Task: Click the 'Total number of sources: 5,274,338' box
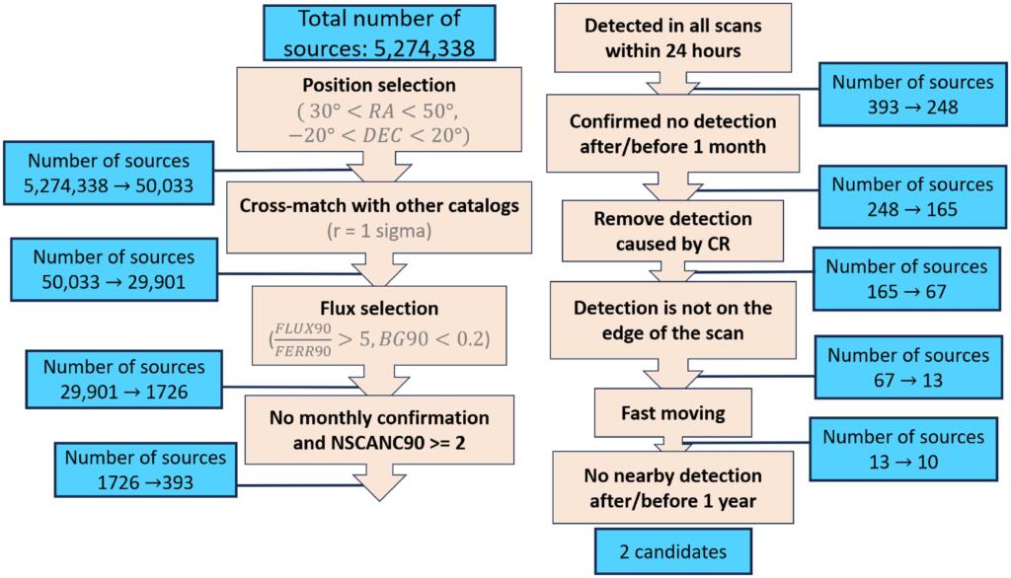[379, 33]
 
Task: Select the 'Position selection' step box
[379, 109]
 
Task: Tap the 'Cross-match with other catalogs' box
[379, 217]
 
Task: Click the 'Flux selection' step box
[379, 325]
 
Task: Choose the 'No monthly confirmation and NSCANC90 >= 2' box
[379, 430]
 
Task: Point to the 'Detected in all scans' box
[673, 37]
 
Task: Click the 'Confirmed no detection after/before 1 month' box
[673, 133]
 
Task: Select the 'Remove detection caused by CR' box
[673, 231]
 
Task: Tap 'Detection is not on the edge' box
[673, 321]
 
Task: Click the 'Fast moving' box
[673, 412]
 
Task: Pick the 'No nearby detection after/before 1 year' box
[673, 488]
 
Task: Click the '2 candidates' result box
[673, 551]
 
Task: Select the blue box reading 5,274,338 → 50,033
[109, 173]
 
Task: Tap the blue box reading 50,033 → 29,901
[115, 269]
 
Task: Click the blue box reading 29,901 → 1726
[123, 380]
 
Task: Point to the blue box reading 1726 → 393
[146, 470]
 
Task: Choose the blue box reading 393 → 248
[913, 94]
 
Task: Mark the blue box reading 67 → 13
[908, 367]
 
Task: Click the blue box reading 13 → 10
[903, 449]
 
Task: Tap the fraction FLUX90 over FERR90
[303, 339]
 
